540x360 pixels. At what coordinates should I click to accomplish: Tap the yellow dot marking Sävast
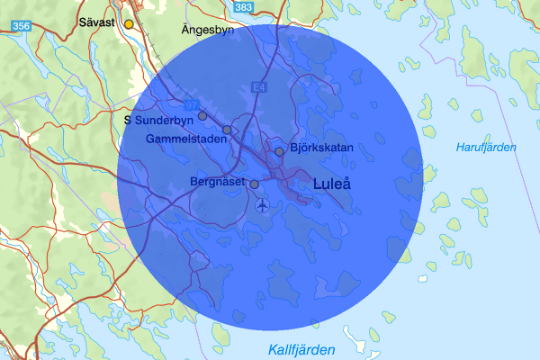(x=129, y=23)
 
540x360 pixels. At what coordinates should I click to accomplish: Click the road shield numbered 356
(x=22, y=27)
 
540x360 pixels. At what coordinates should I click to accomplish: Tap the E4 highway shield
(x=259, y=86)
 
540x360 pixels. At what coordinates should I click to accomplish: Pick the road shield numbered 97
(x=190, y=104)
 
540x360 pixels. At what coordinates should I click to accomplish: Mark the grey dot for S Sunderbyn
(x=202, y=115)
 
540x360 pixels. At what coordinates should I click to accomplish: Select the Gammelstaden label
(x=184, y=139)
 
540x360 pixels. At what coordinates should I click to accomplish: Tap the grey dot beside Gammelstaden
(x=227, y=130)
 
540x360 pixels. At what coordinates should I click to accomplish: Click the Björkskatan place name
(x=321, y=148)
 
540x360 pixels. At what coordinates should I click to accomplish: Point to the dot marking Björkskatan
(x=280, y=150)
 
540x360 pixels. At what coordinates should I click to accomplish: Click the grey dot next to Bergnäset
(x=254, y=184)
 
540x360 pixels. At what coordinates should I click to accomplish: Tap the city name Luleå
(x=332, y=184)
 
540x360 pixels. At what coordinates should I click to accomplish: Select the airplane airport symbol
(x=262, y=205)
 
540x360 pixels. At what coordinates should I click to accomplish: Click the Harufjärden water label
(x=486, y=148)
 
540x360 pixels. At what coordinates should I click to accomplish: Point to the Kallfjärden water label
(x=301, y=349)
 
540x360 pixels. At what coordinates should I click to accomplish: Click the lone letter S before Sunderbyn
(x=128, y=119)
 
